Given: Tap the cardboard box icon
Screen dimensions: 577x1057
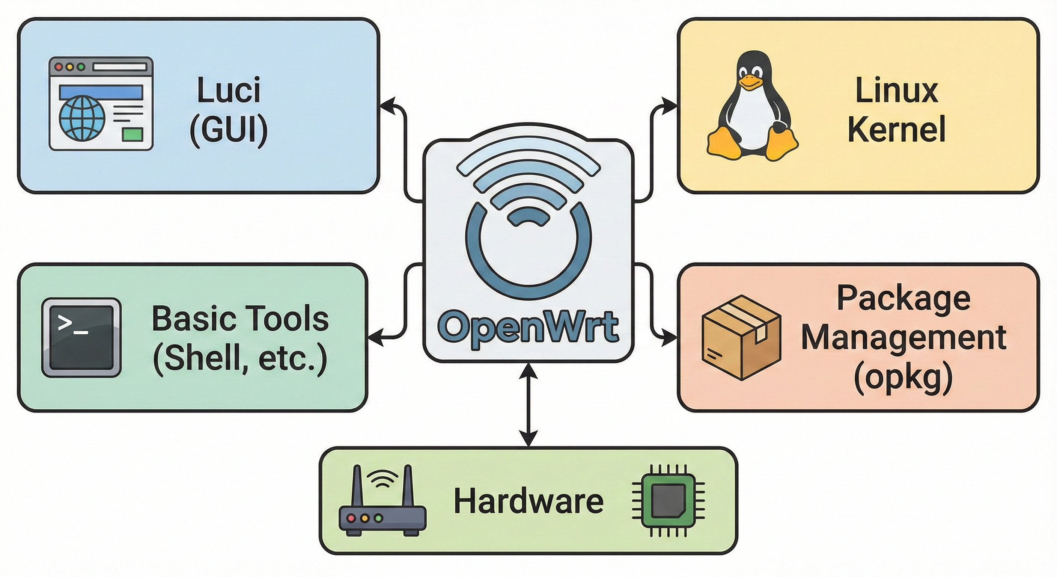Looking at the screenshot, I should [741, 338].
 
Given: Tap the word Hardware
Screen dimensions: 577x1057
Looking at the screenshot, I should [528, 501].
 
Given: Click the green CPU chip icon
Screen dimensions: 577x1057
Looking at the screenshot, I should [668, 501].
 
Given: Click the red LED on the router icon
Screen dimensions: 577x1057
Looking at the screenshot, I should [351, 518].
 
